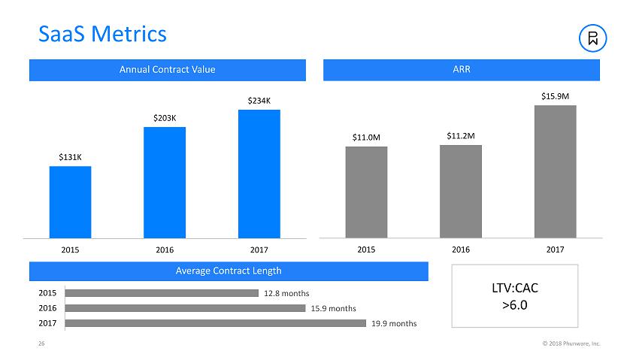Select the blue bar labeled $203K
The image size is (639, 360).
click(164, 182)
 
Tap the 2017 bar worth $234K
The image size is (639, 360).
click(259, 174)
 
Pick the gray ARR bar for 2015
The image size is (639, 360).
click(366, 192)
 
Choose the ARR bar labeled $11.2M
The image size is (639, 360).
click(460, 191)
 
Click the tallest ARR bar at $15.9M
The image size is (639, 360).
click(555, 171)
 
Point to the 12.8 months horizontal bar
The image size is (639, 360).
click(162, 292)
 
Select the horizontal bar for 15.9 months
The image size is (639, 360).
click(185, 307)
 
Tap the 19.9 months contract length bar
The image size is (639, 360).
click(216, 323)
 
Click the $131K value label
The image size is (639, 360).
click(70, 157)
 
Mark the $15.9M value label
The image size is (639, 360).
click(555, 96)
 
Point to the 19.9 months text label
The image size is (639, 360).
click(394, 323)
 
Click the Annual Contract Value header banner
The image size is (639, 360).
click(167, 70)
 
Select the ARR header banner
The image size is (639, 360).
click(461, 70)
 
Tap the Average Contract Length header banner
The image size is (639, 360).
click(229, 271)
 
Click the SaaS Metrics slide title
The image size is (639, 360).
click(102, 34)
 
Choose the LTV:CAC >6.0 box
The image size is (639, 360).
click(514, 295)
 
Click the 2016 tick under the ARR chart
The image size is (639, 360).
click(460, 249)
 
